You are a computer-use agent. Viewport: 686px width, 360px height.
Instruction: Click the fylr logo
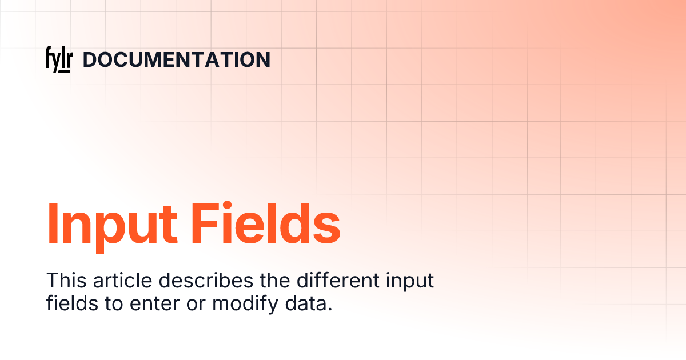[x=58, y=60]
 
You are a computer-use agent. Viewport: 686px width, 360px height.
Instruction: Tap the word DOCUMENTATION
[x=177, y=60]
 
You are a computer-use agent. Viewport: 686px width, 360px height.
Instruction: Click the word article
[x=120, y=281]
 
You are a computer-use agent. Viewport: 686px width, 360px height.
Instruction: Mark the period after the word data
[x=330, y=310]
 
